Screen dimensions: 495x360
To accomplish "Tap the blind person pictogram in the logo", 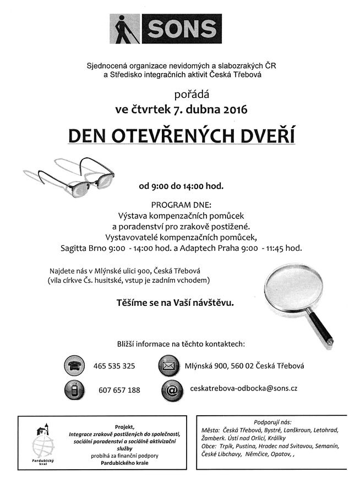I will pos(124,28).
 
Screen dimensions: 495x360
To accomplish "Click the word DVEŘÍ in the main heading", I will pos(266,135).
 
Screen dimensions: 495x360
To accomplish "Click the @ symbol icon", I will pos(171,389).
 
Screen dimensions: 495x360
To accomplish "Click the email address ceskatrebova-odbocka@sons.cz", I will pos(243,388).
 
